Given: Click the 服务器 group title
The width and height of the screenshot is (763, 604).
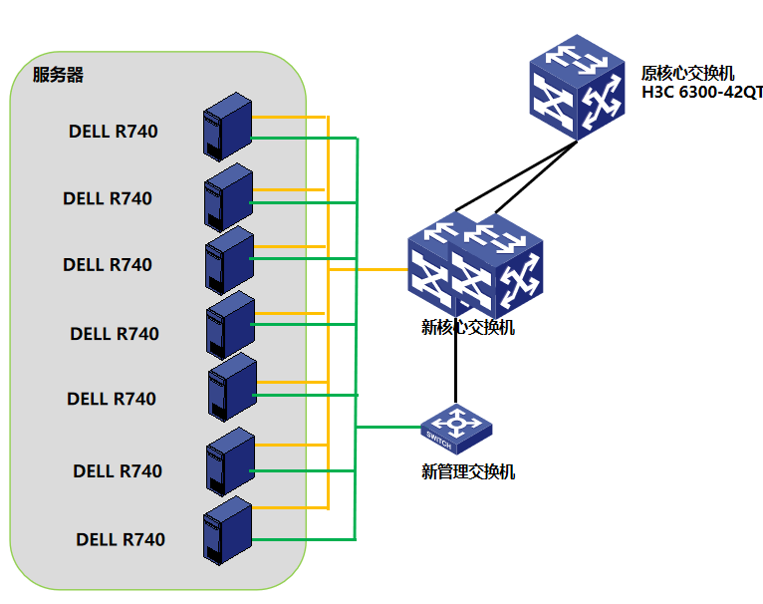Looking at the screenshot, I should click(58, 75).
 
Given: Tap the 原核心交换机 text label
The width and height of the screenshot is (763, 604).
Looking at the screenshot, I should click(687, 74).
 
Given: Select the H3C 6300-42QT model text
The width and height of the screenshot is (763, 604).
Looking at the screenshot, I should click(701, 93).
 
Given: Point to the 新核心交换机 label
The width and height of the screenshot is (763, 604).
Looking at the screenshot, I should click(467, 327).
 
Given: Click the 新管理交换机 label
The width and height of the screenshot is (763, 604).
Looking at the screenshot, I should click(467, 471).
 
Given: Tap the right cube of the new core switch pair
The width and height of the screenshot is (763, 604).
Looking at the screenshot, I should click(499, 267).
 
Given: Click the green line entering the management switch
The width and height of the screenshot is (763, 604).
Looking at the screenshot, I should click(388, 428).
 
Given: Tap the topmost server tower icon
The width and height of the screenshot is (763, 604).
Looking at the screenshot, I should click(227, 127).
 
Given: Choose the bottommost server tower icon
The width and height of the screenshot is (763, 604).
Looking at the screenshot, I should click(226, 531).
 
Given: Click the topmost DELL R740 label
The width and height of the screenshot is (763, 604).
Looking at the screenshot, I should click(113, 131).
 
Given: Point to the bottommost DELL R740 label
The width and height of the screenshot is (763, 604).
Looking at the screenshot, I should click(121, 539).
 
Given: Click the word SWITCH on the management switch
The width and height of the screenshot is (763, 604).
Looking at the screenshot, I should click(439, 436).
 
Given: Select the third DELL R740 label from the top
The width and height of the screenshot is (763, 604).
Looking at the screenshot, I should click(108, 264).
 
